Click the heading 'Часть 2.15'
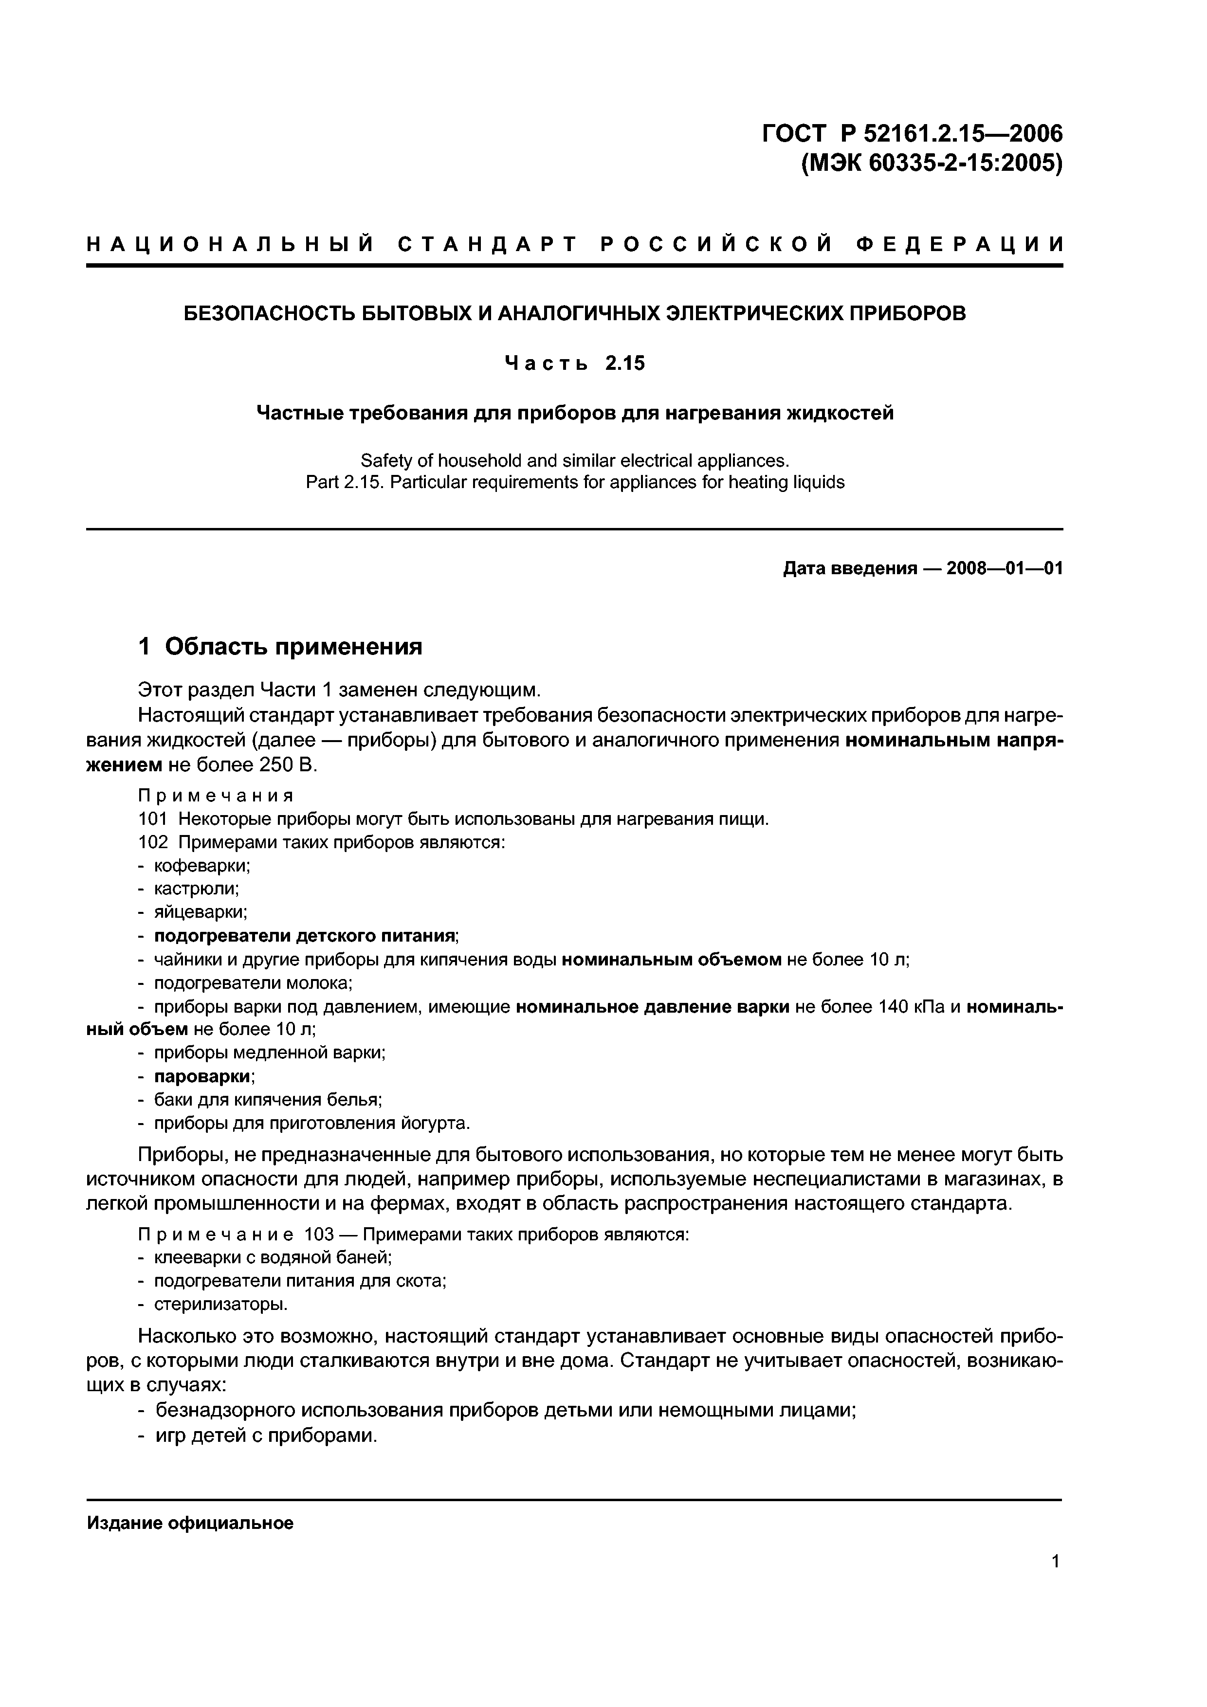574,363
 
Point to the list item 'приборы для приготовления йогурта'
311,1123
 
